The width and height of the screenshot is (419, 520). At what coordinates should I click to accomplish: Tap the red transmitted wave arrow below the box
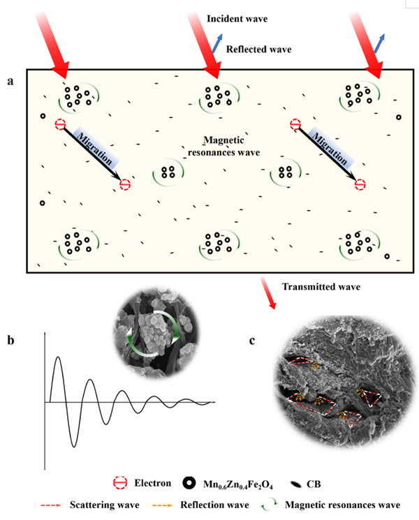268,294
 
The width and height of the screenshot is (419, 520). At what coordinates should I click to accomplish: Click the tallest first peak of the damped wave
59,357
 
